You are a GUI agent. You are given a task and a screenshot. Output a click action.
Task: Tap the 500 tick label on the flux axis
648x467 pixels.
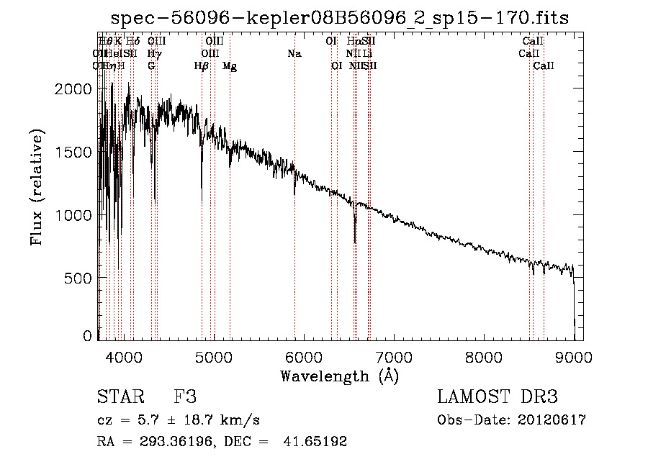point(79,278)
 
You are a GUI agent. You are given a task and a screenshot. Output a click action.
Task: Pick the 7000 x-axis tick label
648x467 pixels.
point(394,356)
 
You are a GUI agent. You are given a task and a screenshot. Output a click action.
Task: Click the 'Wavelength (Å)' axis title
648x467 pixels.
point(339,375)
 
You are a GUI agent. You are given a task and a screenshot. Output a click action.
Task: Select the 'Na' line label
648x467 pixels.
point(294,53)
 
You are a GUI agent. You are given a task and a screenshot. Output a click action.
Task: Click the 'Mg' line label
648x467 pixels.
point(230,66)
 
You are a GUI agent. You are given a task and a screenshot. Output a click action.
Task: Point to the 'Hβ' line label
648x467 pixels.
point(202,66)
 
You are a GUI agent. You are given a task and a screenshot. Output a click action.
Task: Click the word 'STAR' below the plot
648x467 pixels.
point(120,397)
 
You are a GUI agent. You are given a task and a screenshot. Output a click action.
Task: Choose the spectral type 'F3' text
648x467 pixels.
point(185,397)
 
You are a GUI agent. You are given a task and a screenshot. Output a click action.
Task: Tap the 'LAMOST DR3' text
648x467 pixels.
point(498,397)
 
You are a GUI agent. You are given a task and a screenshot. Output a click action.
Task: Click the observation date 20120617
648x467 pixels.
point(550,420)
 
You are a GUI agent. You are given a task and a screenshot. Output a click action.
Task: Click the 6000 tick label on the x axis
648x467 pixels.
point(303,356)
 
